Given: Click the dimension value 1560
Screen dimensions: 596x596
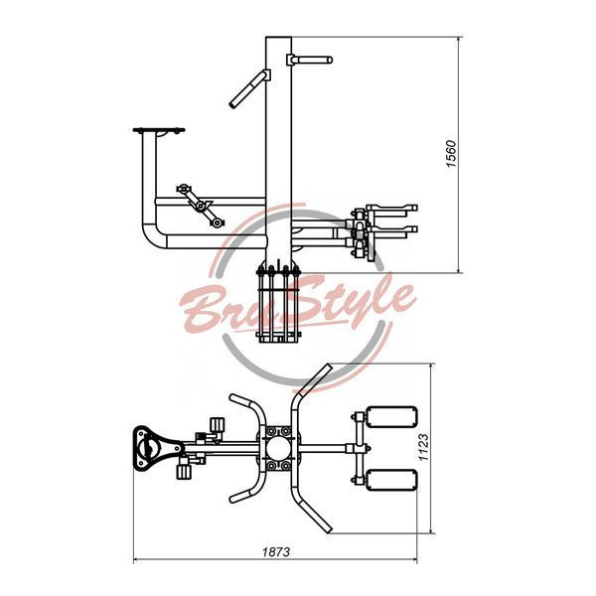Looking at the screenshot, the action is tap(451, 154).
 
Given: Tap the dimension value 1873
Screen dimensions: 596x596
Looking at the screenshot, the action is tap(276, 551).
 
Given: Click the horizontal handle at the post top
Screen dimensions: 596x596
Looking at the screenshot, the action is tap(310, 60).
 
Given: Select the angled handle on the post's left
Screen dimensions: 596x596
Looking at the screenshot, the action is tap(249, 89).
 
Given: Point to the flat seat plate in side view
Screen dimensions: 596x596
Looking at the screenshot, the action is tap(159, 130).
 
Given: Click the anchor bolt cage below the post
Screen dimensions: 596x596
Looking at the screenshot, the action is tap(278, 304).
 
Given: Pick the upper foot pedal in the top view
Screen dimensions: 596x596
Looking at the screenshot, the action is tap(391, 417).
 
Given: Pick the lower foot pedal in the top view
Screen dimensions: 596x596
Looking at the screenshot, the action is tap(391, 480).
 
